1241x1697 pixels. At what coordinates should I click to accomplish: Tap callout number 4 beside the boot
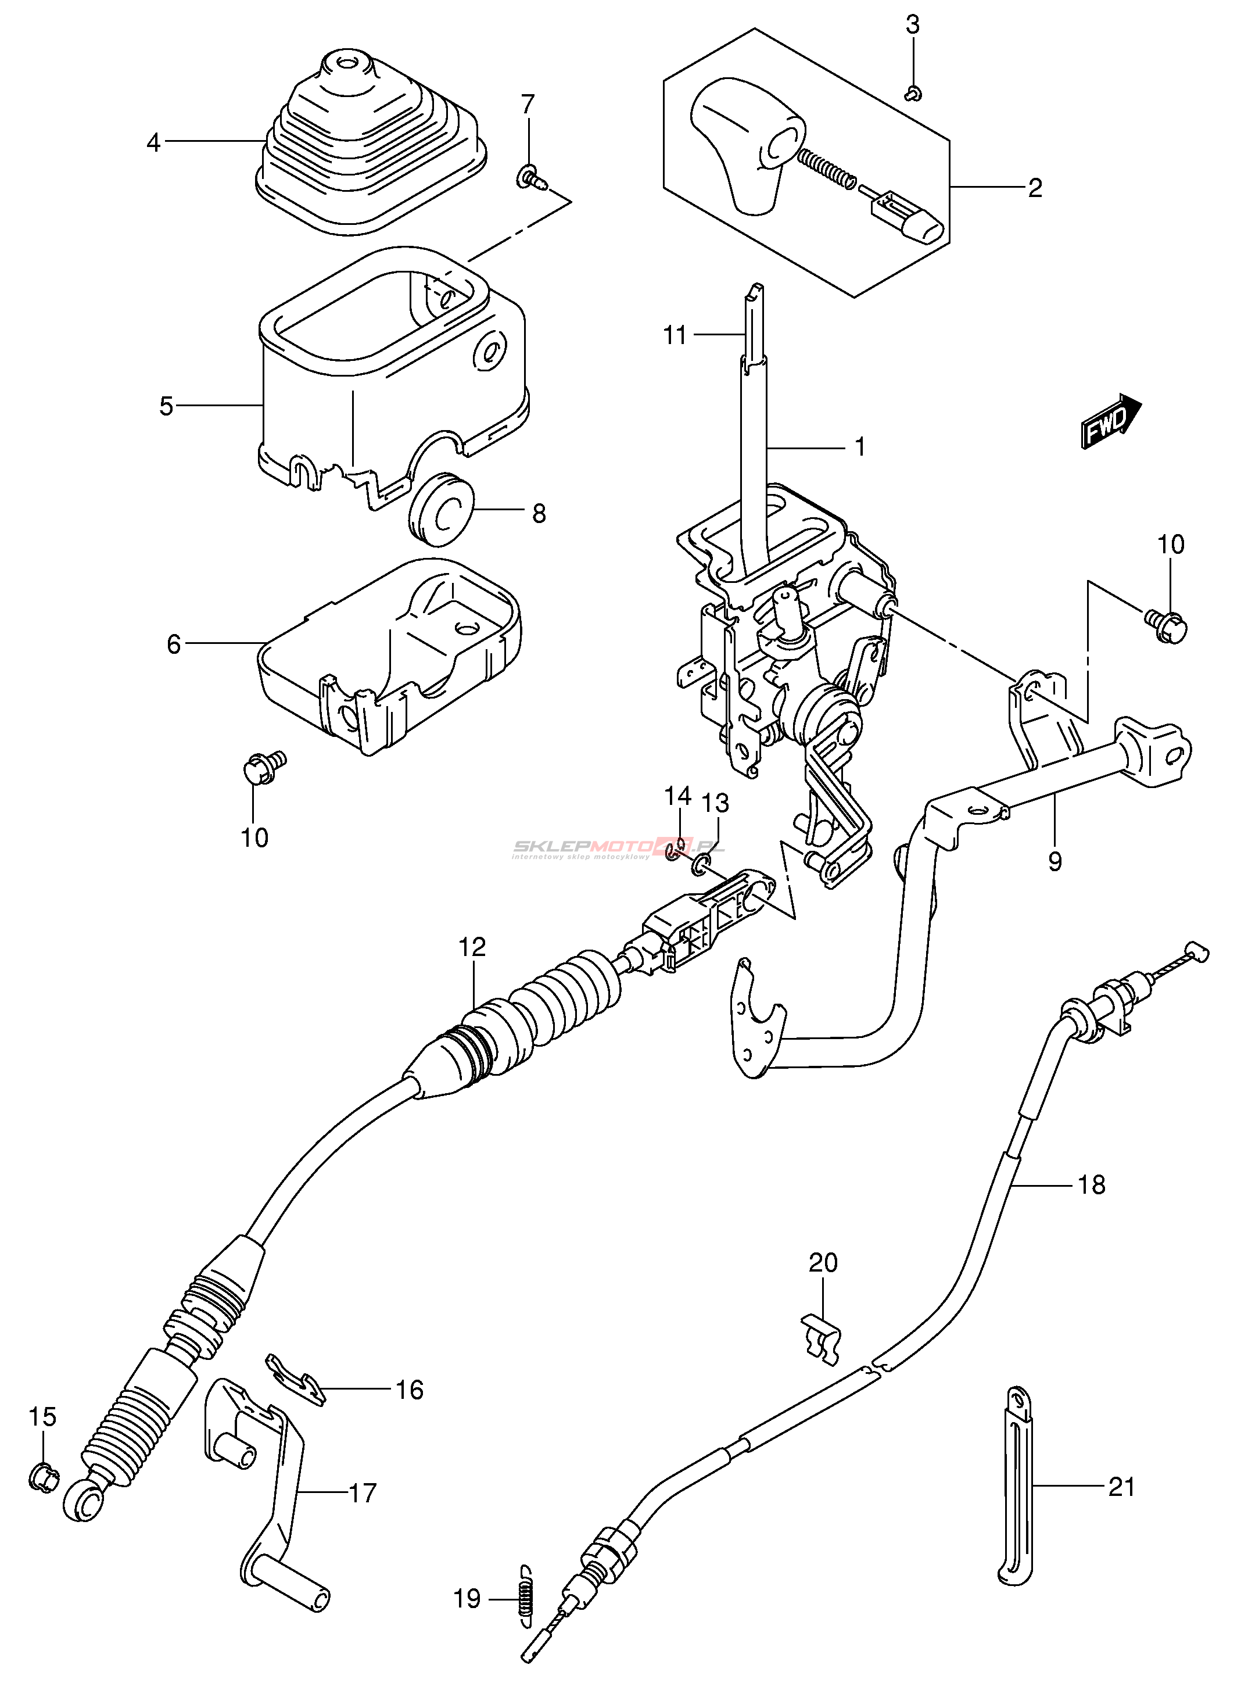(x=154, y=142)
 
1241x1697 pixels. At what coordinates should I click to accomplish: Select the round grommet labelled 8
(x=442, y=508)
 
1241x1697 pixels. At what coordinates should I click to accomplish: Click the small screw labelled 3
(x=913, y=93)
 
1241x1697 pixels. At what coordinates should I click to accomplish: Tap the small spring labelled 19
(x=526, y=1599)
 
